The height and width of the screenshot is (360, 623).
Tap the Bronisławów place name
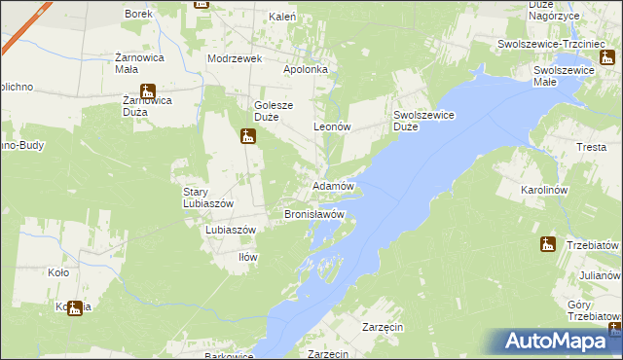point(314,213)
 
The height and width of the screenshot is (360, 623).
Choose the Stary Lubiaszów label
point(208,198)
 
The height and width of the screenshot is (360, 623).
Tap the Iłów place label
point(248,257)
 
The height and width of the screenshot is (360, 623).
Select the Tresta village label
point(591,147)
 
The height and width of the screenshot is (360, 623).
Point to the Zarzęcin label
point(383,328)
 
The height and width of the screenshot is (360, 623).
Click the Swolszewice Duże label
point(419,120)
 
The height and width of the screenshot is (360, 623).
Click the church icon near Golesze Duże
point(247,136)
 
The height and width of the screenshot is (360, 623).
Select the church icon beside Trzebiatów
point(548,244)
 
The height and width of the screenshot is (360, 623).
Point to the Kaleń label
point(282,18)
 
